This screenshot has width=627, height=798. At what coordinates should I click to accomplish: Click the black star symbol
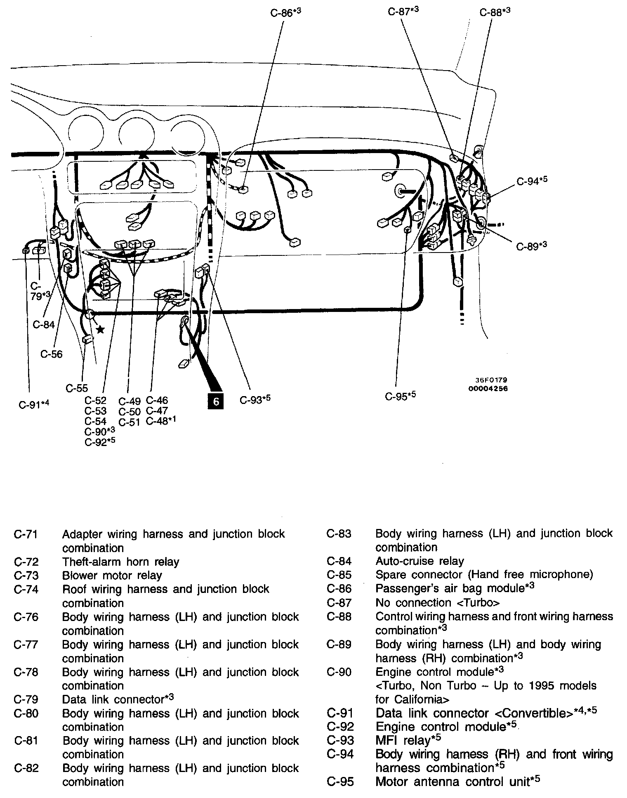[100, 329]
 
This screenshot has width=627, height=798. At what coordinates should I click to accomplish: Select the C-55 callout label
[77, 388]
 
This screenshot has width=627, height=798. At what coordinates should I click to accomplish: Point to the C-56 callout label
[52, 354]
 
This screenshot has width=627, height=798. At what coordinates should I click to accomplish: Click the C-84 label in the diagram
[44, 325]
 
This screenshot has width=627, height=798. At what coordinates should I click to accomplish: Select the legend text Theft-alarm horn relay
[120, 562]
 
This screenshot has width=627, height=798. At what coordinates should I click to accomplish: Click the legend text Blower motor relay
[112, 575]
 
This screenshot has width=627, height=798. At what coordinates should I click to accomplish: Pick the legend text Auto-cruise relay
[420, 561]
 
